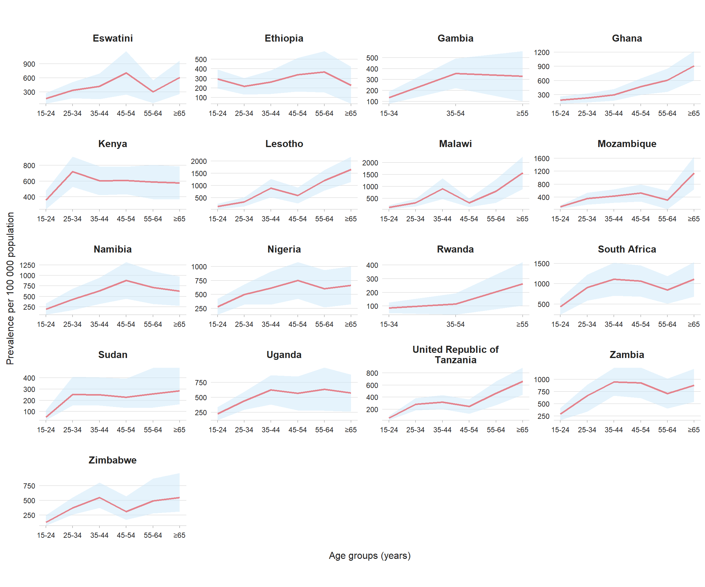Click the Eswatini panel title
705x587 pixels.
coord(113,38)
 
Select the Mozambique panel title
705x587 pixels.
coord(627,144)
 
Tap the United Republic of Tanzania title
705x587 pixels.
coord(455,355)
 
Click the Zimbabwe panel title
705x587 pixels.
coord(113,460)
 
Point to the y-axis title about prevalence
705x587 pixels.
coord(10,289)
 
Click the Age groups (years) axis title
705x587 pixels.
coord(370,556)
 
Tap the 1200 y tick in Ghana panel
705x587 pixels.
coord(542,52)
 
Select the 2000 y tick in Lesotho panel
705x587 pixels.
coord(199,161)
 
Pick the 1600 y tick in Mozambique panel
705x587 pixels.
coord(542,158)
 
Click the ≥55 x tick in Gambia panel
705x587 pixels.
coord(522,113)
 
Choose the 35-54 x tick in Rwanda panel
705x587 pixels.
coord(455,324)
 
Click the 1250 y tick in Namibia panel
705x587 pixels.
coord(27,265)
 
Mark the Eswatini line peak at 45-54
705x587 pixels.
coord(126,73)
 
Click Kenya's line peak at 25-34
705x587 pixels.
coord(73,172)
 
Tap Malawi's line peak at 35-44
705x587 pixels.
coord(442,189)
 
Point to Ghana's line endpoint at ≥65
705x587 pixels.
coord(694,66)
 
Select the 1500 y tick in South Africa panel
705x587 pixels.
coord(542,264)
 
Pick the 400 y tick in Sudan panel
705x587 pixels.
coord(29,378)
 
